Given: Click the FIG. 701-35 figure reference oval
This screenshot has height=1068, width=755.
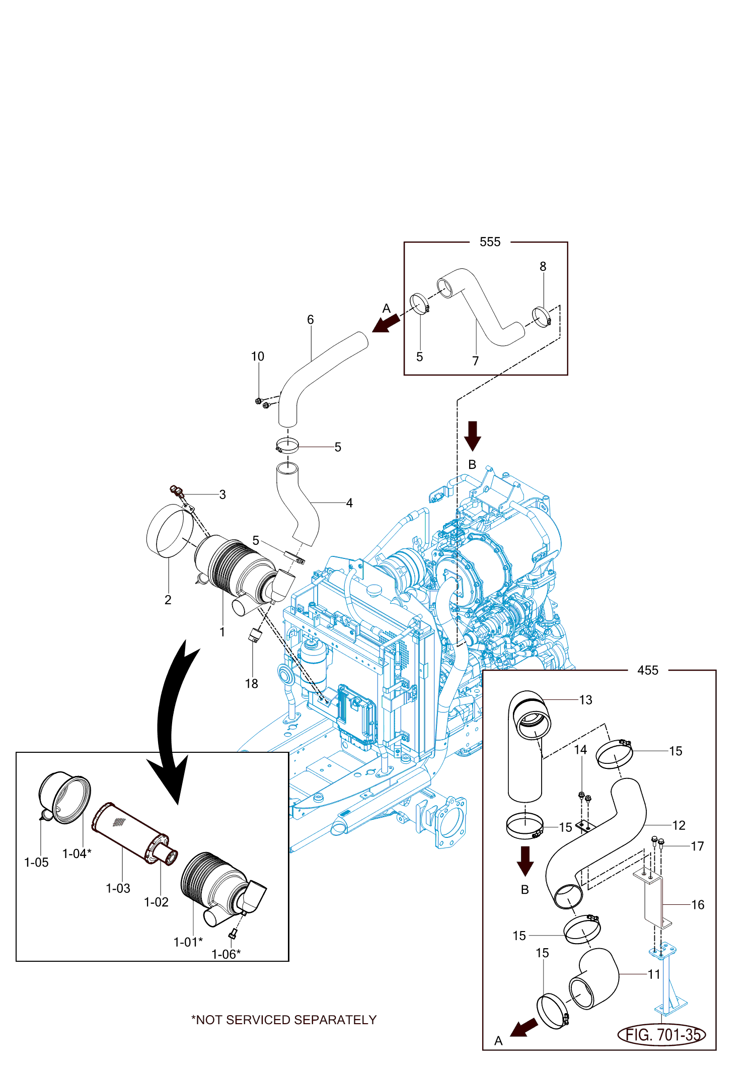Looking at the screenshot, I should pos(661,1035).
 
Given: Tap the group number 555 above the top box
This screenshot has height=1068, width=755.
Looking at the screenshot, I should pos(490,242).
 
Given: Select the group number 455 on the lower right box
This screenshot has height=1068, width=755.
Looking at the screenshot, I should pos(648,670).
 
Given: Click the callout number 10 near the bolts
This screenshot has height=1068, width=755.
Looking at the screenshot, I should pos(258,357).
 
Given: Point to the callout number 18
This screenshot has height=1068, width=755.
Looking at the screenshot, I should pos(252,683).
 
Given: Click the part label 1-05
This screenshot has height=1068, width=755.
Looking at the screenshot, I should pos(37,863).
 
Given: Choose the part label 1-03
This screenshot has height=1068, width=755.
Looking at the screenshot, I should pos(118,888).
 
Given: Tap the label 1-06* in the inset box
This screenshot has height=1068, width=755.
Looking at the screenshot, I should pos(226,954).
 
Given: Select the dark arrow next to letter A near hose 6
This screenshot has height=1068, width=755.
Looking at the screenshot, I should pos(386,324).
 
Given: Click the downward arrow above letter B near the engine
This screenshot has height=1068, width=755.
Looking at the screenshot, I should pos(473,436).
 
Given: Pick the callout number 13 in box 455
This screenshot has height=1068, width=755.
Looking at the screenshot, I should pos(586,700).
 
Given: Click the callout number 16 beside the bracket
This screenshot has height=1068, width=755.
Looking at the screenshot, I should pos(698,905).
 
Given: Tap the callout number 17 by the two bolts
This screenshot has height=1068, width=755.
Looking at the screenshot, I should pos(697,846).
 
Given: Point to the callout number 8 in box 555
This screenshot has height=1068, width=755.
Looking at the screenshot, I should pos(543,266).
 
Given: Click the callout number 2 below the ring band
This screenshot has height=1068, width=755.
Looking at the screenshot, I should pos(168,600).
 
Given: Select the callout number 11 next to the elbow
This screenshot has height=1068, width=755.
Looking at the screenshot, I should pos(654,974).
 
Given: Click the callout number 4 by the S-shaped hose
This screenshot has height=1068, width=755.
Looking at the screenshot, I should pos(349,503).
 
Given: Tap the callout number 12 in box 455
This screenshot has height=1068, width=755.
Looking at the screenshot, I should pos(679,825).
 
